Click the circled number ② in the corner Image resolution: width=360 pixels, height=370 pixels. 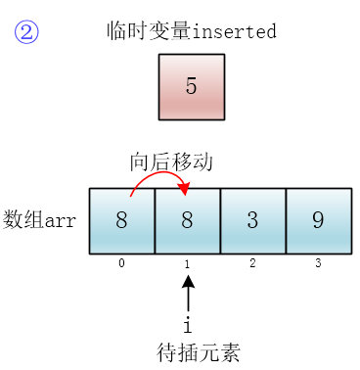(x=26, y=32)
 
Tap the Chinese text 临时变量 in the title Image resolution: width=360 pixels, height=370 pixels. (x=137, y=30)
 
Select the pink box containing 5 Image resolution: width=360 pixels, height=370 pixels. (x=191, y=86)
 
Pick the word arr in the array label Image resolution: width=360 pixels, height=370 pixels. (x=62, y=220)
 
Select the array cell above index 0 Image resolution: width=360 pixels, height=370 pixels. (x=121, y=220)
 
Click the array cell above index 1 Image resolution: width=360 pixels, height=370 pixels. (x=187, y=220)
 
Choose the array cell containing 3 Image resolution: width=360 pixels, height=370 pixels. (x=252, y=220)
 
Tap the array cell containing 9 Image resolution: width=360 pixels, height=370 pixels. (x=318, y=220)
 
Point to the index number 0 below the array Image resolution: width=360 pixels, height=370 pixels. (x=121, y=263)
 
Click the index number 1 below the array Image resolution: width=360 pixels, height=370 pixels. (x=187, y=263)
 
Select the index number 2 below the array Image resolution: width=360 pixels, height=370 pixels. (x=252, y=263)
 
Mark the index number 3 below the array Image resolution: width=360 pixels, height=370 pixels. (x=318, y=263)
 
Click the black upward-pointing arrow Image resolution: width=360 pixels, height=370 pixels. (x=188, y=293)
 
